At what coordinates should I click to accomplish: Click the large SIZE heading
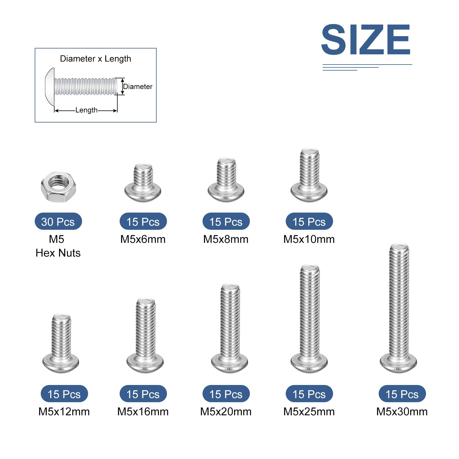click(x=366, y=39)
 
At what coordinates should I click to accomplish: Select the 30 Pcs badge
click(x=58, y=221)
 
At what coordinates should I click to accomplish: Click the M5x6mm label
click(x=143, y=239)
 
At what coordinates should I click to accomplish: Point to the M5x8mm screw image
click(x=226, y=180)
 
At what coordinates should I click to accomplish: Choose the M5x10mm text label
click(x=309, y=239)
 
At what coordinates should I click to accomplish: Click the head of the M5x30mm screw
click(x=398, y=363)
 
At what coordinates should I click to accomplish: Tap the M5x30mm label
click(x=402, y=412)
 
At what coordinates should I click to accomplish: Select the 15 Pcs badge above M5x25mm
click(x=309, y=394)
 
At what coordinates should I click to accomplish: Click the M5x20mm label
click(x=226, y=412)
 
